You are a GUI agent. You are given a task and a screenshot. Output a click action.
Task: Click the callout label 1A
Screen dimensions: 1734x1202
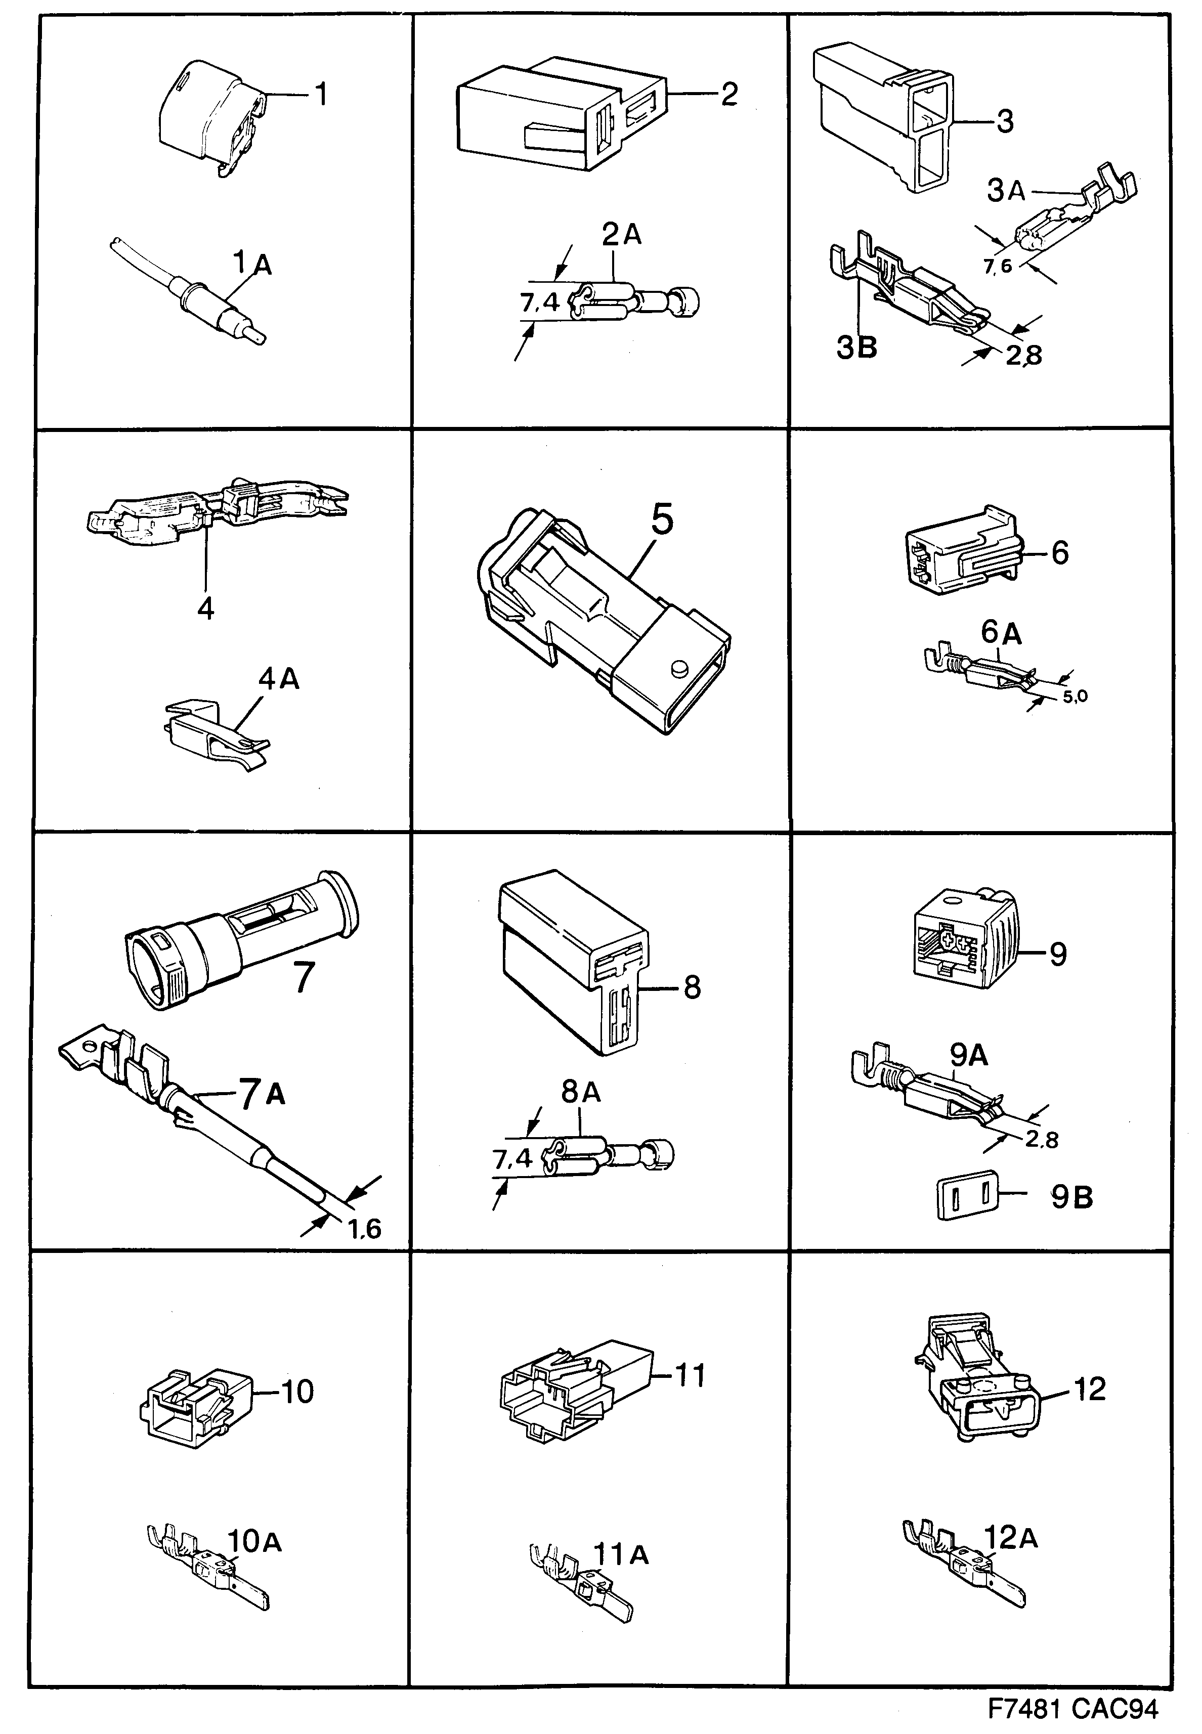(251, 264)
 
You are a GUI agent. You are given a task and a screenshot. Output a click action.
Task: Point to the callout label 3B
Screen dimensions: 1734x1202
(857, 348)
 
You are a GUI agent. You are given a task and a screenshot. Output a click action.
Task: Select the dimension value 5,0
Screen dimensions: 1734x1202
(1075, 697)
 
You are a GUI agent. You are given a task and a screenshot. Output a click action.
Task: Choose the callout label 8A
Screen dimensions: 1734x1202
(581, 1092)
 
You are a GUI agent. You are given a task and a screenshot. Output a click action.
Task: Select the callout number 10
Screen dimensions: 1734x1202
(297, 1392)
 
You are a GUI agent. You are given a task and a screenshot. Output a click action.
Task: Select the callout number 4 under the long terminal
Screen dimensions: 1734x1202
(205, 608)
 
